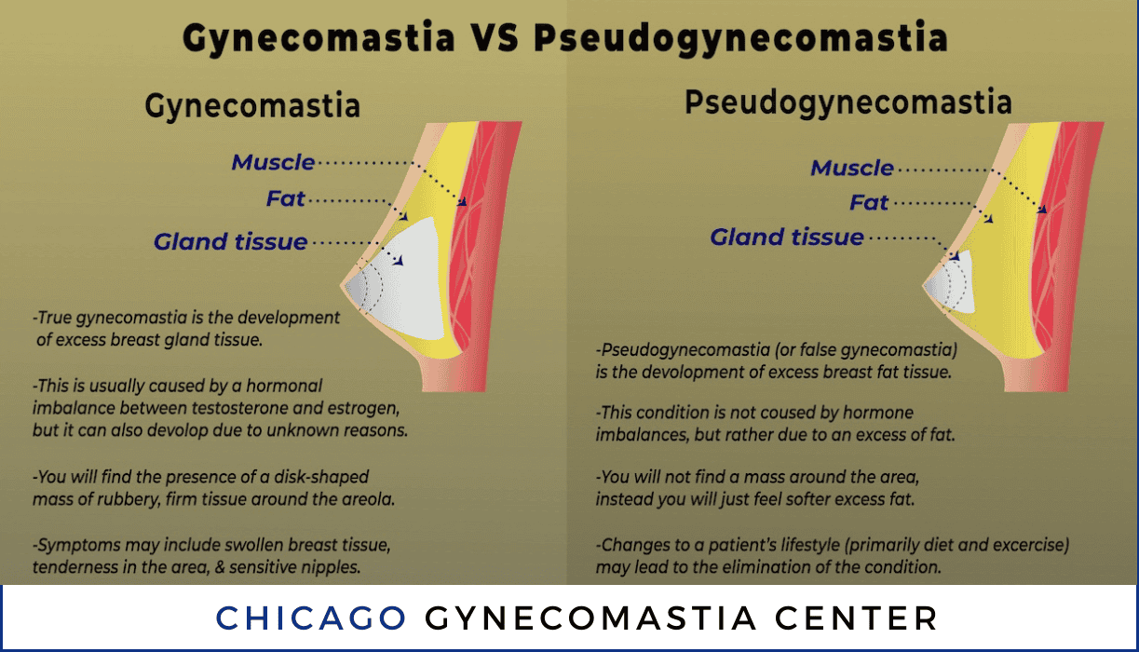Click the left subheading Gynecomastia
[x=252, y=106]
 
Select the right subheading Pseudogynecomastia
[x=848, y=102]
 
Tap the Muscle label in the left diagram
[x=273, y=162]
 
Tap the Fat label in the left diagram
[x=285, y=198]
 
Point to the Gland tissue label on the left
[x=230, y=241]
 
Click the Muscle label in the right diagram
[x=852, y=168]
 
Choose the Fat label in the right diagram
[x=869, y=202]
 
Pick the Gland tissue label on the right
[x=787, y=237]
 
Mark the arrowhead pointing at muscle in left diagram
[x=462, y=202]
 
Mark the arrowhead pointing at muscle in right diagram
[x=1042, y=209]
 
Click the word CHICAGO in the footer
[x=311, y=618]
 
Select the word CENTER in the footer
[x=856, y=618]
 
